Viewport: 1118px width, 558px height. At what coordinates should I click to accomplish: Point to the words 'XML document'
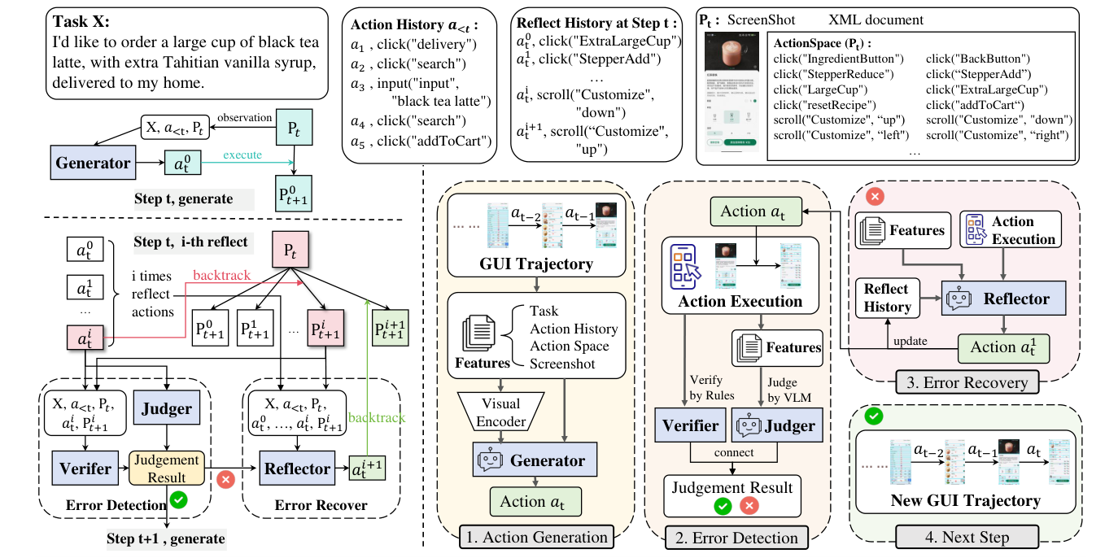tap(876, 20)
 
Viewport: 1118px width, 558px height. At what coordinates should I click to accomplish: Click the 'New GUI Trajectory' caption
tap(966, 500)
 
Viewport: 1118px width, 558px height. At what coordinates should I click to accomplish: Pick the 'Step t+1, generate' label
tap(166, 538)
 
